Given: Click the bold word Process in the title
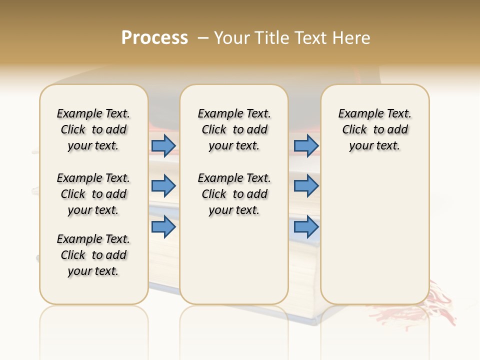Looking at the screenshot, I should click(x=154, y=38).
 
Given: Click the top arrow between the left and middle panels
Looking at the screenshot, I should click(x=163, y=145).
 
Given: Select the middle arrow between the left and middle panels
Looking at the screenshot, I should click(x=163, y=186).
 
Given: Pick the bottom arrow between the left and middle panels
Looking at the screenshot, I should click(x=163, y=226).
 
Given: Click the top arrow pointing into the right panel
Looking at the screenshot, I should click(x=306, y=145).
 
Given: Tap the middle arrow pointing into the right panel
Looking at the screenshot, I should click(x=306, y=186).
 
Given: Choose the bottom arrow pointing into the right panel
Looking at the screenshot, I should click(x=306, y=226).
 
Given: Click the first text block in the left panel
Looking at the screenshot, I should click(x=93, y=129).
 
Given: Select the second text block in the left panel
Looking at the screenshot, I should click(x=93, y=194).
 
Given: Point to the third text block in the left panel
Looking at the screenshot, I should click(x=93, y=255).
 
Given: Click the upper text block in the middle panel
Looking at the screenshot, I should click(x=234, y=129).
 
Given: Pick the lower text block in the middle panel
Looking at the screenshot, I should click(x=234, y=194).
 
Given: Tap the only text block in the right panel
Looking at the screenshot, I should click(x=374, y=129).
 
